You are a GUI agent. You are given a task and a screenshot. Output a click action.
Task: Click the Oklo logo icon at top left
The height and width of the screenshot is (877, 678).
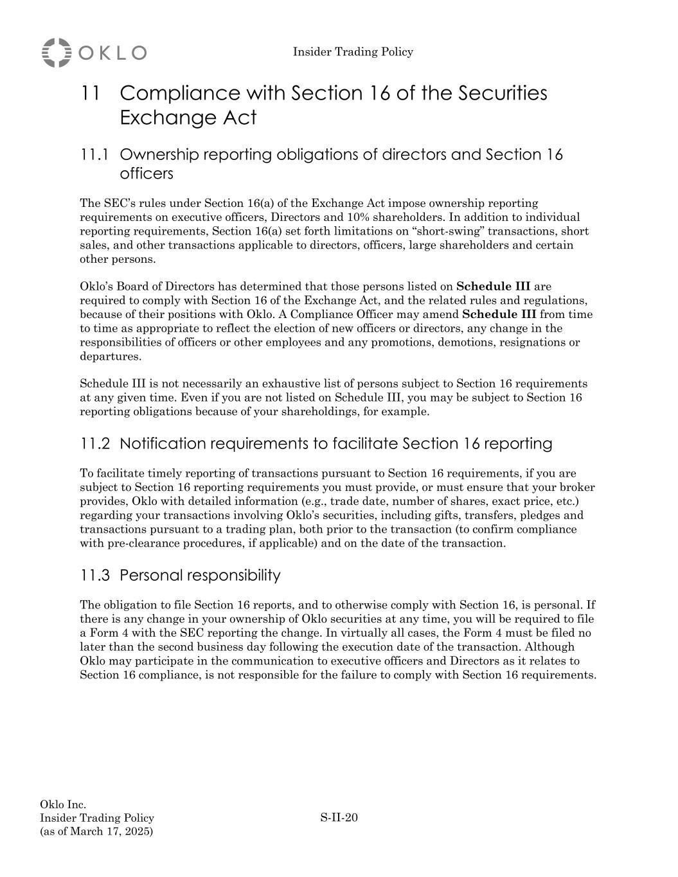[x=57, y=52]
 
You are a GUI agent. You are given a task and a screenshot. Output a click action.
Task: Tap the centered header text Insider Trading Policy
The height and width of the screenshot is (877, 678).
[x=353, y=52]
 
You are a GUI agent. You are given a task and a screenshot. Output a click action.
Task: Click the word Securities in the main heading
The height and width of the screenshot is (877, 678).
[x=503, y=93]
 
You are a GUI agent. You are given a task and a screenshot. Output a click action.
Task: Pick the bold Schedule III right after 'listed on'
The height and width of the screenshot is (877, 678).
[x=493, y=287]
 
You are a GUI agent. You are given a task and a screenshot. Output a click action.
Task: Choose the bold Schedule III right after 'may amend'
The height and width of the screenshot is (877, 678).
[x=499, y=315]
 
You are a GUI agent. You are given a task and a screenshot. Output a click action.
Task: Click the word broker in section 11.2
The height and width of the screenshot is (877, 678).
[x=577, y=488]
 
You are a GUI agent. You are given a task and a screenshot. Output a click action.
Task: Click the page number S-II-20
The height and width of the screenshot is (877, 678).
[x=339, y=818]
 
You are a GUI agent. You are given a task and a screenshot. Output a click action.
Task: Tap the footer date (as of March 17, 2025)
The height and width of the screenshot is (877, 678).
[x=96, y=832]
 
